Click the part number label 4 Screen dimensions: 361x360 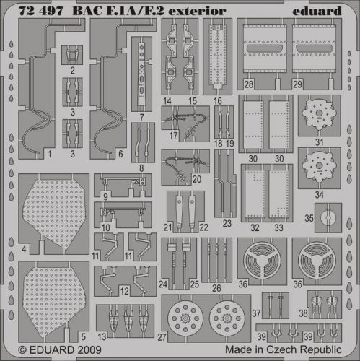(25, 249)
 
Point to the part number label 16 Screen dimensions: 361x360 (217, 102)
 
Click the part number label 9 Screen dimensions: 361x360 (105, 196)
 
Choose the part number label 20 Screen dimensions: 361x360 (197, 178)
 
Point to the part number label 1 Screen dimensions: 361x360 (30, 154)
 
